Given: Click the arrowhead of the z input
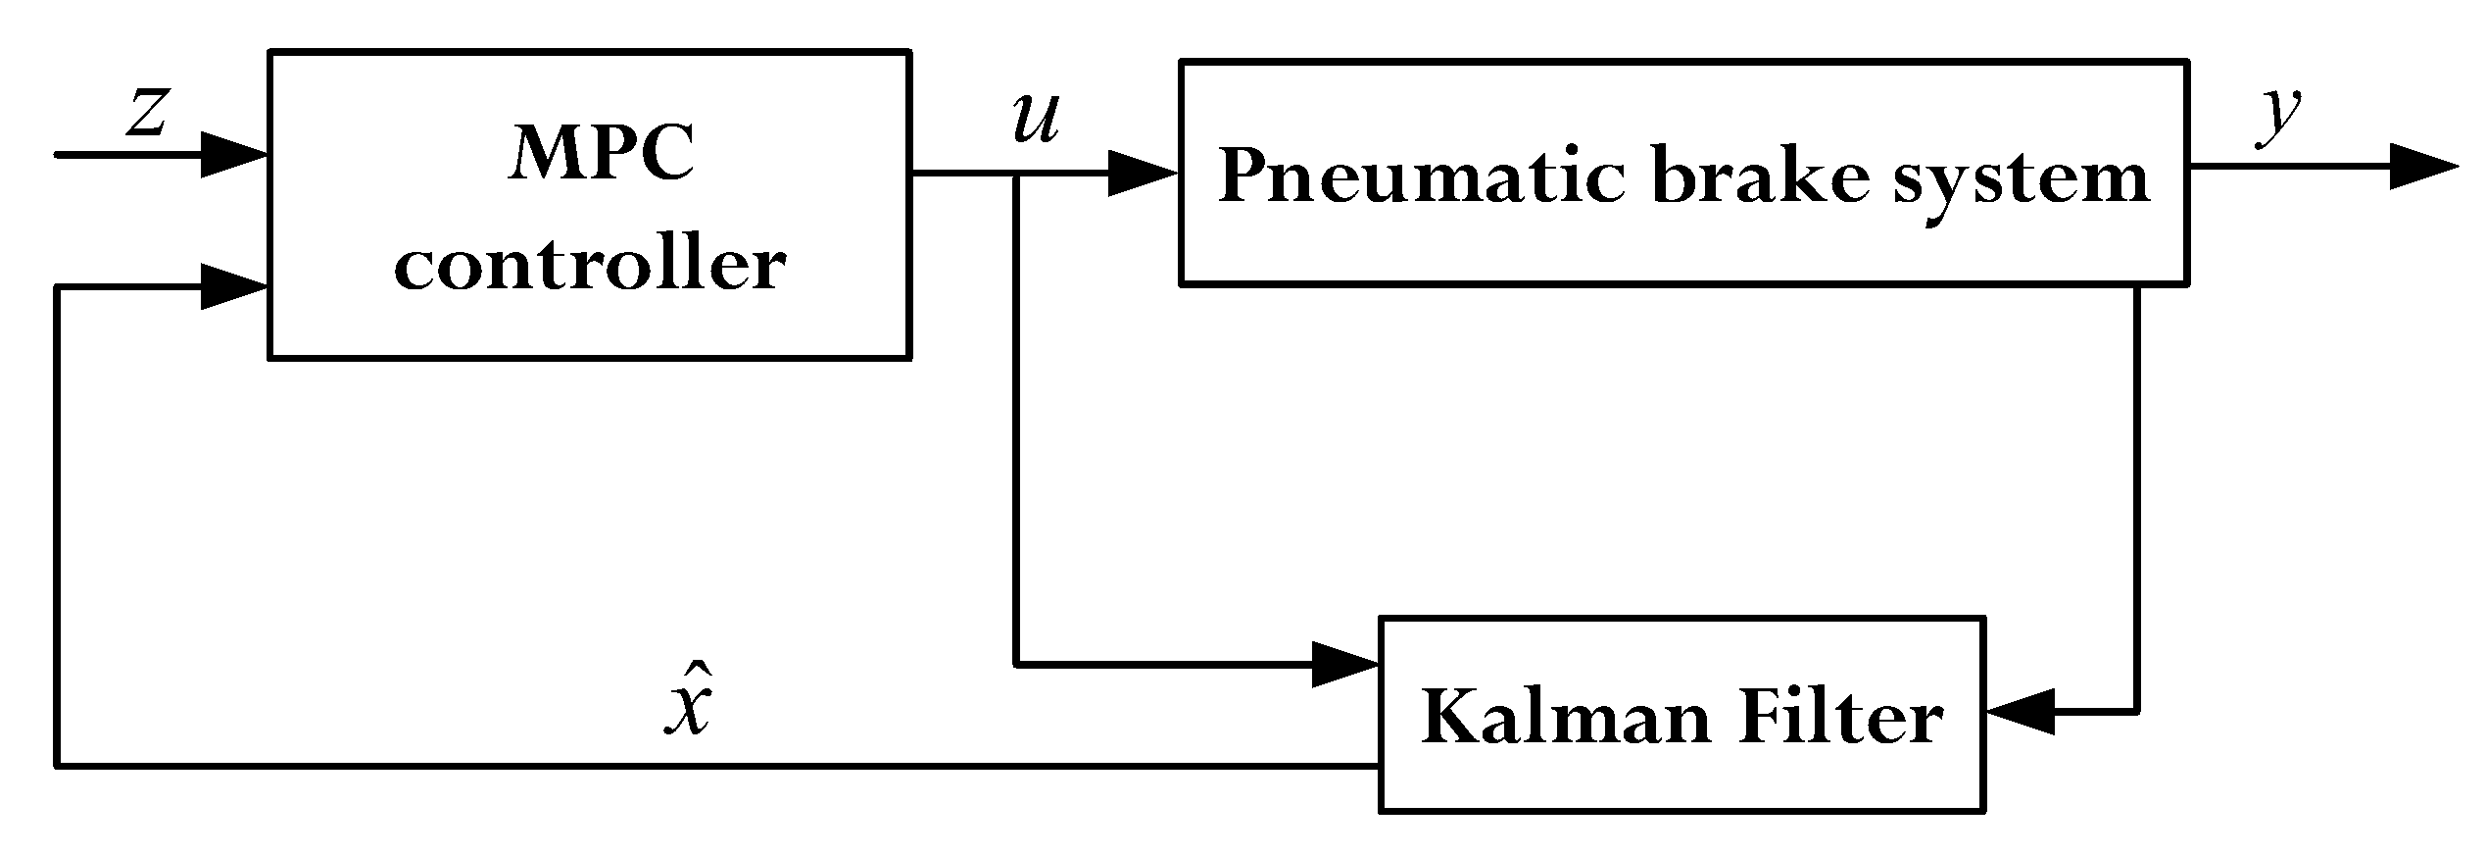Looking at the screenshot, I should click(x=235, y=155).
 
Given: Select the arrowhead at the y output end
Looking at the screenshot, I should click(x=2424, y=167).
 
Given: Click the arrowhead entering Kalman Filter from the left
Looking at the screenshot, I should click(x=1344, y=665).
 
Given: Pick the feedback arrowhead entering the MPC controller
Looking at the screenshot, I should click(x=235, y=287).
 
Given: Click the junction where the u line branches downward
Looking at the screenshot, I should click(x=1016, y=174).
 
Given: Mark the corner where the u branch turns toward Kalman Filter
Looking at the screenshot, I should click(x=1016, y=665).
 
